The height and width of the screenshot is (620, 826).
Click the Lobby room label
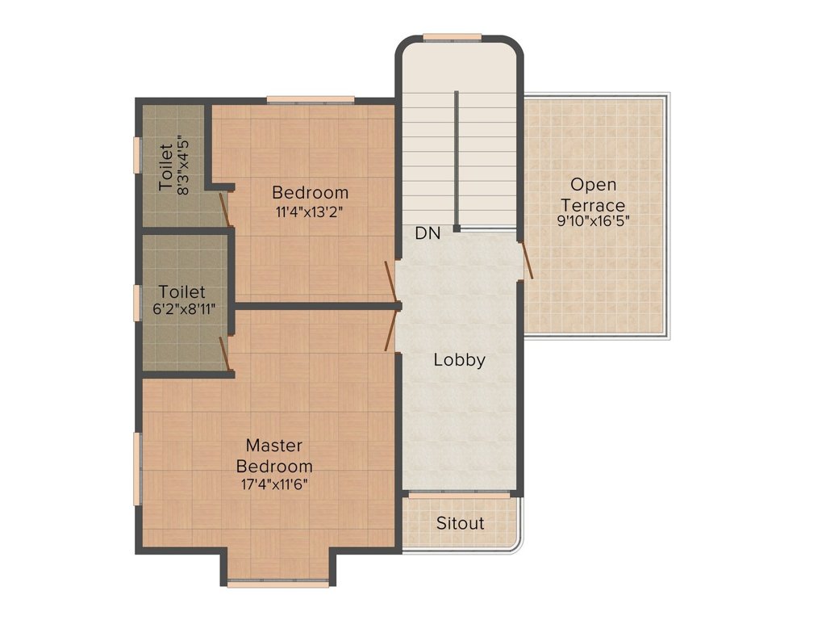pyautogui.click(x=459, y=360)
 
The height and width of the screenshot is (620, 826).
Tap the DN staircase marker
pyautogui.click(x=428, y=233)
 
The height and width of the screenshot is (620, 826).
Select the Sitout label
pyautogui.click(x=460, y=523)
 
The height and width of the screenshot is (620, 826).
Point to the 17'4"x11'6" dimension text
pyautogui.click(x=274, y=484)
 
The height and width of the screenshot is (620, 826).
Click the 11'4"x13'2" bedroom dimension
pyautogui.click(x=311, y=212)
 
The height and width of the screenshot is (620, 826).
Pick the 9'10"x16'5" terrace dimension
pyautogui.click(x=593, y=220)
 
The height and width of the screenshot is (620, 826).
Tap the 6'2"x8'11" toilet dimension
pyautogui.click(x=185, y=309)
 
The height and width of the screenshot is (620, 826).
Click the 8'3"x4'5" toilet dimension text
pyautogui.click(x=183, y=165)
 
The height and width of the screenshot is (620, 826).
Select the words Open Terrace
pyautogui.click(x=593, y=195)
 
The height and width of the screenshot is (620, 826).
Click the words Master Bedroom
pyautogui.click(x=274, y=455)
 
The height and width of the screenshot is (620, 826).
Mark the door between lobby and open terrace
pyautogui.click(x=526, y=261)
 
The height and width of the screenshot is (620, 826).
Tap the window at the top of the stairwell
pyautogui.click(x=452, y=37)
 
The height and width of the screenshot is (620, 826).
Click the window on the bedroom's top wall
pyautogui.click(x=311, y=99)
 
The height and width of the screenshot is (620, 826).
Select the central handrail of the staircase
pyautogui.click(x=457, y=161)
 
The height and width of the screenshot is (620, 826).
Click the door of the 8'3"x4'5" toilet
pyautogui.click(x=226, y=209)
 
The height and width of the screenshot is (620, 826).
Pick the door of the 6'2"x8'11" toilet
pyautogui.click(x=224, y=354)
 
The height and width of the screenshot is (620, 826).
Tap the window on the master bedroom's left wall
pyautogui.click(x=137, y=469)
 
